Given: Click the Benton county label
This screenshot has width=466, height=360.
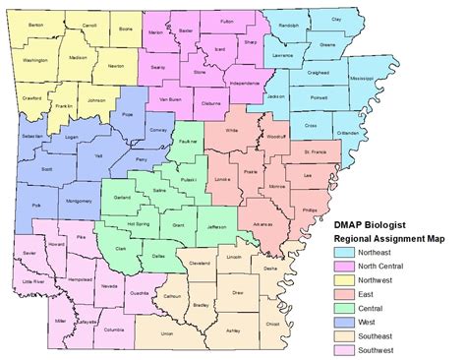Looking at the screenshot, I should pyautogui.click(x=36, y=21).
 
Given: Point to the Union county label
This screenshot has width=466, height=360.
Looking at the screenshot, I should pyautogui.click(x=167, y=333).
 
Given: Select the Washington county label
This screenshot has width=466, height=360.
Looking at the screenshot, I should pyautogui.click(x=34, y=61).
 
